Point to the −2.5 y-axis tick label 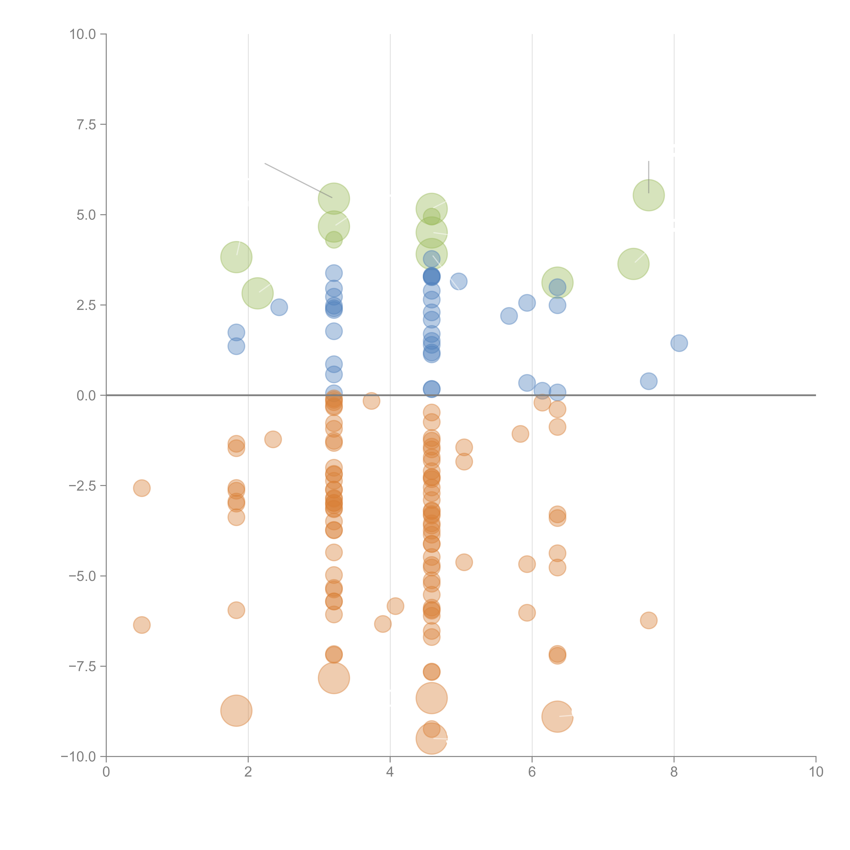[82, 486]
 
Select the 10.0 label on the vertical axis [83, 34]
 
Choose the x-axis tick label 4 [390, 772]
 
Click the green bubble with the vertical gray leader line [649, 195]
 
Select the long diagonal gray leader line [298, 180]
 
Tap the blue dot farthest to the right [679, 343]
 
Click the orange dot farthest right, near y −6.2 [649, 620]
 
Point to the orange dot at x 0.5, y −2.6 [142, 488]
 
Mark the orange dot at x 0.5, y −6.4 [142, 625]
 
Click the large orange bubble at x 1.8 [236, 711]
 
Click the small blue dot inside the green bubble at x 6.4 [557, 287]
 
